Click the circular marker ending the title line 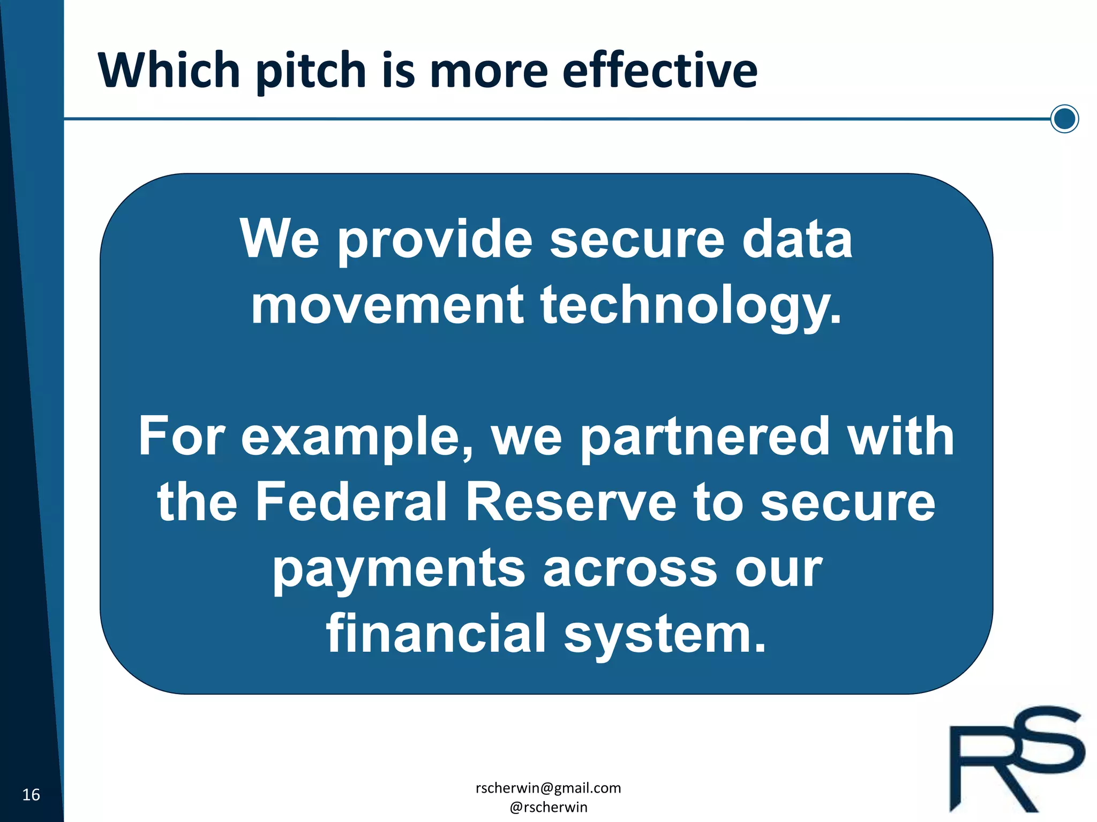1064,118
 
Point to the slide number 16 31,795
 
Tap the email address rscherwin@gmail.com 548,788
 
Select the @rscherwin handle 548,807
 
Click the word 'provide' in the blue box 435,241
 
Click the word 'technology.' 691,307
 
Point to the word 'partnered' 705,438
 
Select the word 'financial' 436,634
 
